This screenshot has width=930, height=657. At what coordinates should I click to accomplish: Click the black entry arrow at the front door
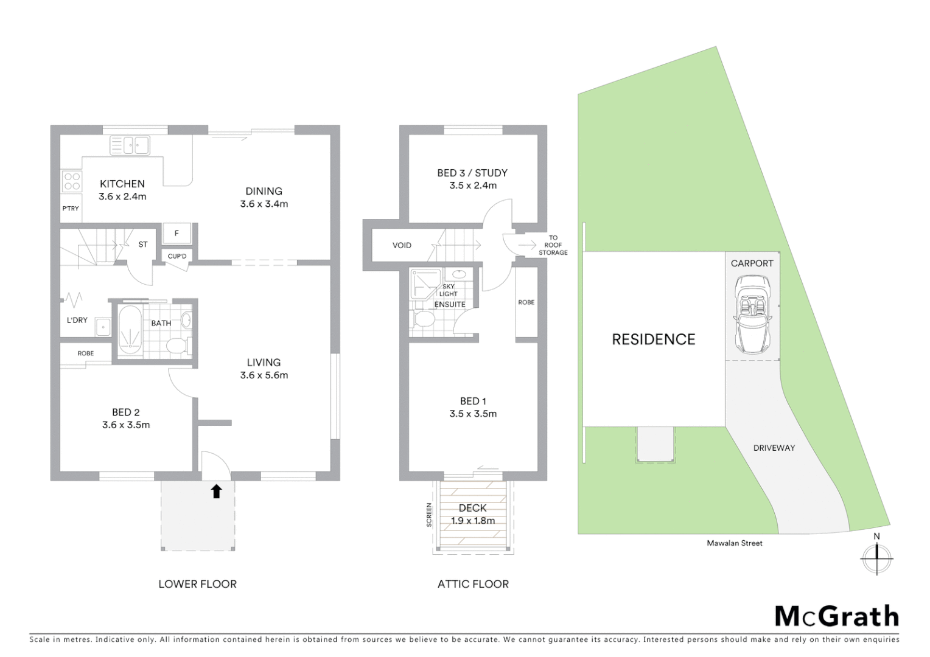(216, 491)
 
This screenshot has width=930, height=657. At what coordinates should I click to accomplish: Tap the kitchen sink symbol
(130, 145)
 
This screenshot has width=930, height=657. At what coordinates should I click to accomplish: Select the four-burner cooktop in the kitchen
(72, 182)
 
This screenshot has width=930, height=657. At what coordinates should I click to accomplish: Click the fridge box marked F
(177, 233)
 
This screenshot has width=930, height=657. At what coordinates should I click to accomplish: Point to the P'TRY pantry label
(71, 209)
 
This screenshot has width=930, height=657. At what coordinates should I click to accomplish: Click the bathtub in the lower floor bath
(129, 328)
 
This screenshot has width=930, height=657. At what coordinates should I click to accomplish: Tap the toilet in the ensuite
(424, 319)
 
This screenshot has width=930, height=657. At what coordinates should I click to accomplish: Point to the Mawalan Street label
(734, 543)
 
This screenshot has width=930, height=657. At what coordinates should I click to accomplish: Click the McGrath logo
(837, 616)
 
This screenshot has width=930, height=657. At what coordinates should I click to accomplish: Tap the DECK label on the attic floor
(473, 508)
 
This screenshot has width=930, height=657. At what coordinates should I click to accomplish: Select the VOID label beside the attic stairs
(402, 245)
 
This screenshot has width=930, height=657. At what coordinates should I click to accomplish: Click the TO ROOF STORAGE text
(553, 245)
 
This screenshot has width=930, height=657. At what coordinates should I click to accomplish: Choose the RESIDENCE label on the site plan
(653, 339)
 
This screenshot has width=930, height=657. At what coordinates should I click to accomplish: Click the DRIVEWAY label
(774, 448)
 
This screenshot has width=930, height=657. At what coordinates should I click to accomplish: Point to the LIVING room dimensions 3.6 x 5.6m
(264, 375)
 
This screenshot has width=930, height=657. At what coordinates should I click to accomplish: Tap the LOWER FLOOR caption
(197, 584)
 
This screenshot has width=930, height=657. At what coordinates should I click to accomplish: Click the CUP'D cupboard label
(177, 256)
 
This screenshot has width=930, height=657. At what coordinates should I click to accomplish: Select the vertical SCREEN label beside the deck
(429, 515)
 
